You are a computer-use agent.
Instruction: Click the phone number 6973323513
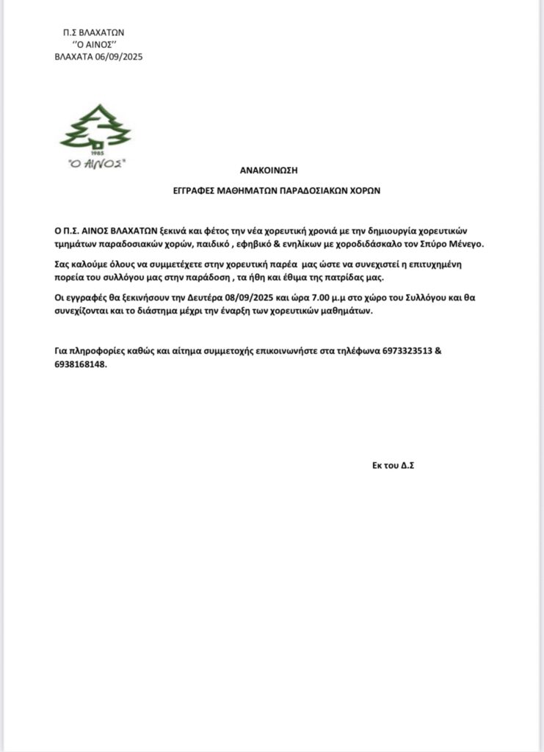coord(408,350)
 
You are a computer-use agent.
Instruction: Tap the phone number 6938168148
coord(81,364)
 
